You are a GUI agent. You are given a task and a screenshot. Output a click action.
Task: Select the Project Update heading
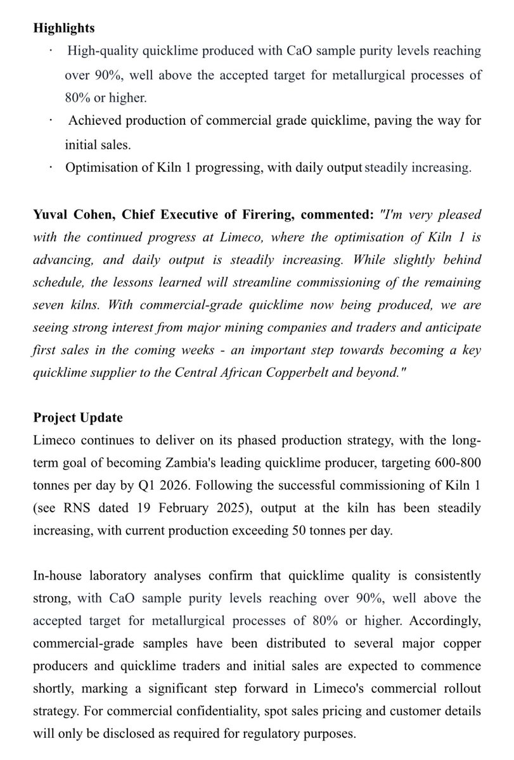click(78, 419)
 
